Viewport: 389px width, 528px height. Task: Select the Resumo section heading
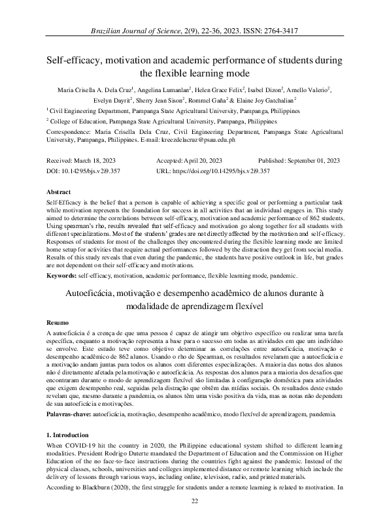click(57, 323)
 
